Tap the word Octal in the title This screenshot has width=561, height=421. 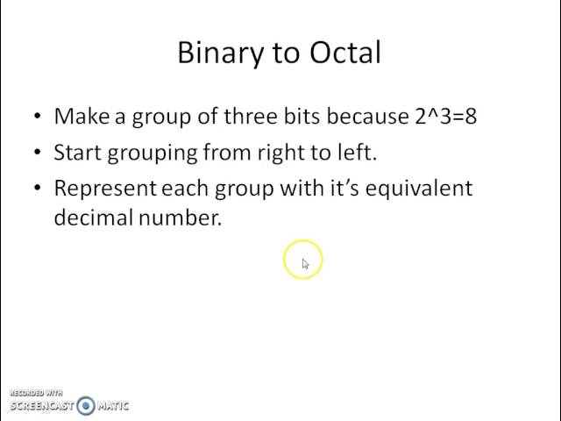tap(345, 53)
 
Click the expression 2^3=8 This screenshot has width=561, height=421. tap(446, 117)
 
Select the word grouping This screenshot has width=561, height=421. tap(151, 153)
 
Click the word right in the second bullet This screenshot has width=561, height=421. tap(279, 153)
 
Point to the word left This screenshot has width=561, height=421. tap(355, 153)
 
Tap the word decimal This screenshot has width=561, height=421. tap(93, 218)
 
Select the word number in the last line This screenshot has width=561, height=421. tap(179, 218)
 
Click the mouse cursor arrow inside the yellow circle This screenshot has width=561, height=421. tap(305, 263)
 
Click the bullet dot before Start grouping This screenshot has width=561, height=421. tap(37, 153)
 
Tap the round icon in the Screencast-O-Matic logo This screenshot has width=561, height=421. tap(85, 405)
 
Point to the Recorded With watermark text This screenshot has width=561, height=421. tap(36, 393)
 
